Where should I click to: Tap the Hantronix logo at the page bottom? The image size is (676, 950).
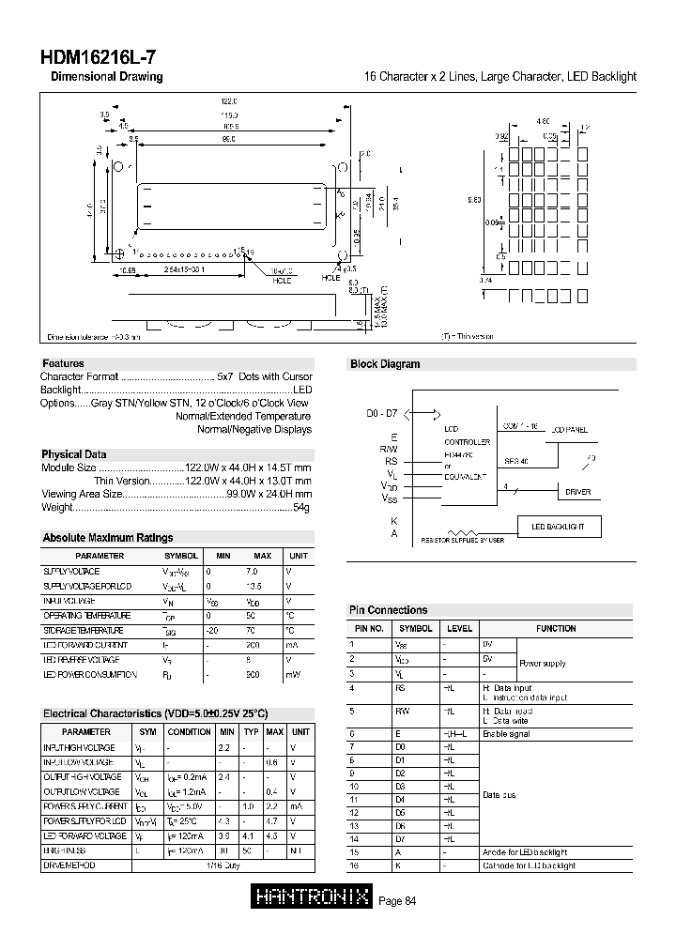pos(312,898)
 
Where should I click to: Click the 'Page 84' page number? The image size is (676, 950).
pos(396,901)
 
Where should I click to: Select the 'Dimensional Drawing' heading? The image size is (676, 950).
pos(106,77)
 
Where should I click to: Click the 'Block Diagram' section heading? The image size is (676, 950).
pos(385,364)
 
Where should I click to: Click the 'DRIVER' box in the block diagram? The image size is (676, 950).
pos(577,492)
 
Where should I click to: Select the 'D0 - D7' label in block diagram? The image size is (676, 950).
pos(382,413)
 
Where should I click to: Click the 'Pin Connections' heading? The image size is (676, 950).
pos(388,610)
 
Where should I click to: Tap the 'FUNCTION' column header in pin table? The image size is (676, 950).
pos(556,629)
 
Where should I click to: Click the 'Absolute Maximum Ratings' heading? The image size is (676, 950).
pos(108,538)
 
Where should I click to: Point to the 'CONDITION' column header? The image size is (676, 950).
pos(190,731)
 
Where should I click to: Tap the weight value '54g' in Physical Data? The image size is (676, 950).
pos(301,507)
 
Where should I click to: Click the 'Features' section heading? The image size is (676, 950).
pos(63,363)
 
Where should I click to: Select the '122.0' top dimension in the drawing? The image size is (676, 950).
pos(229,100)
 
